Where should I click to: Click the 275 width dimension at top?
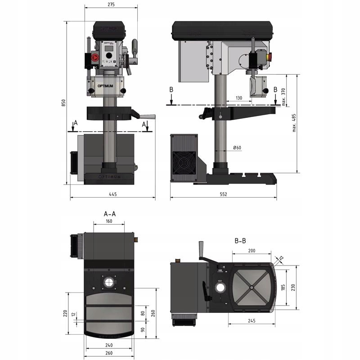(x=111, y=4)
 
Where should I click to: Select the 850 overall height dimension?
(x=64, y=103)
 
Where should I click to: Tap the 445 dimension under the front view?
(x=112, y=194)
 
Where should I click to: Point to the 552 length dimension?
(x=223, y=194)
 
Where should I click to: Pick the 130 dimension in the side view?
(x=239, y=98)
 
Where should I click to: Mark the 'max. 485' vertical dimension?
(x=294, y=122)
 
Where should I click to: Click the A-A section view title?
(x=109, y=213)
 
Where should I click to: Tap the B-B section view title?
(x=240, y=241)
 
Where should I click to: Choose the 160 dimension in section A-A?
(x=109, y=221)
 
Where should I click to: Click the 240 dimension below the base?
(x=109, y=345)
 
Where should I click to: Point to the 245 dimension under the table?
(x=251, y=321)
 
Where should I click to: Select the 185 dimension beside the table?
(x=283, y=287)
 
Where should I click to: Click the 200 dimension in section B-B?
(x=252, y=250)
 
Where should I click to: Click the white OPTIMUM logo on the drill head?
(x=105, y=84)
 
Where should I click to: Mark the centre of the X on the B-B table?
(x=251, y=286)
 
